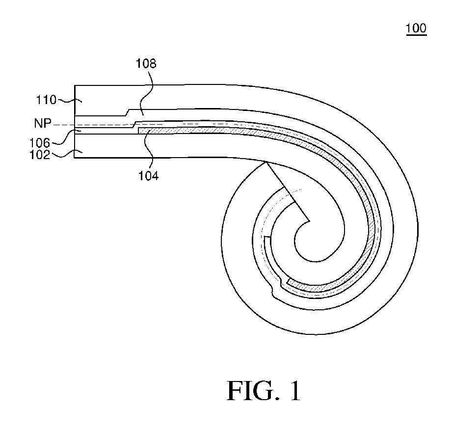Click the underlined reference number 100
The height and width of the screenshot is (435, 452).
click(416, 28)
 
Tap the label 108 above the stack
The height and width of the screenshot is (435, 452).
click(146, 63)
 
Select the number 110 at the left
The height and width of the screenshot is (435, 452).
click(46, 100)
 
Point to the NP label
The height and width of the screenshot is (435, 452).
click(43, 123)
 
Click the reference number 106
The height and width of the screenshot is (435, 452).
click(40, 143)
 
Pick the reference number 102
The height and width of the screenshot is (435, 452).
click(40, 155)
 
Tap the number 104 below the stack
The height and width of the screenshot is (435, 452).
click(148, 176)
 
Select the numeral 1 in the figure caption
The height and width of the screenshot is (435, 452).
click(295, 391)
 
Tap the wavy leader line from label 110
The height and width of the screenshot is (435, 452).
click(69, 100)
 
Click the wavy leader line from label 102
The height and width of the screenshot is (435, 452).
click(67, 154)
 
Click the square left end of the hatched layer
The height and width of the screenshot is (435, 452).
click(139, 131)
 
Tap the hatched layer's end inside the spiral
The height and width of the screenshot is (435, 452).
click(290, 282)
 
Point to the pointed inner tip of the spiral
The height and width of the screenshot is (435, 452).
click(309, 221)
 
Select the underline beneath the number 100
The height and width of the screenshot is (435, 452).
click(416, 35)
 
